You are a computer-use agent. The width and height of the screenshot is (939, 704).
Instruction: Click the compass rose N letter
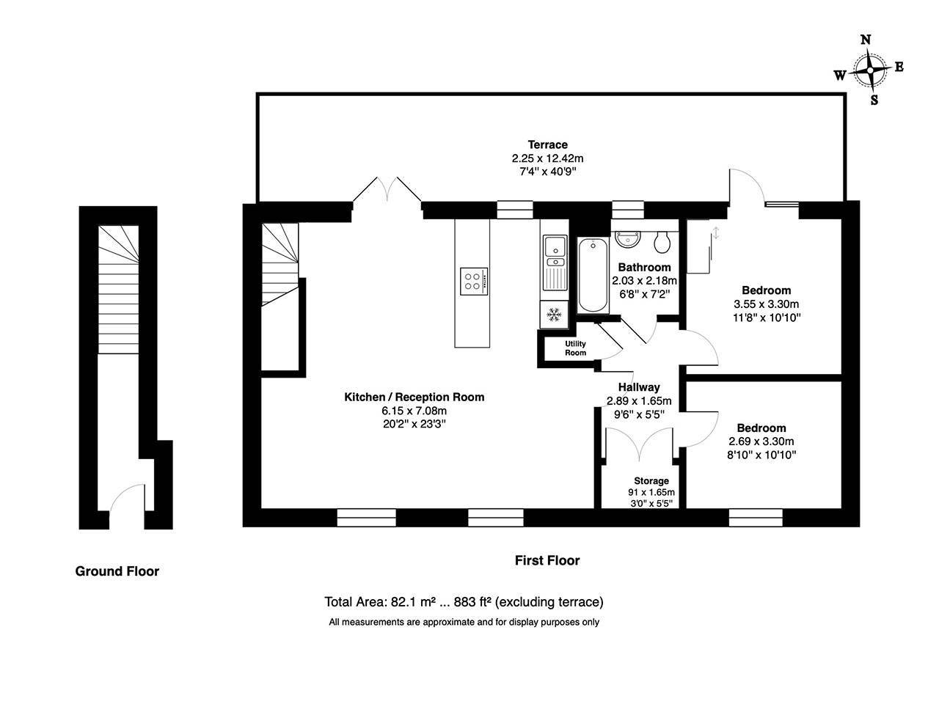[866, 40]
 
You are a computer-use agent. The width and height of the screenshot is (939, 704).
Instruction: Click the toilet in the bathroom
[662, 241]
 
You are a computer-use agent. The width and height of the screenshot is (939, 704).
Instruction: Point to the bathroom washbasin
[628, 239]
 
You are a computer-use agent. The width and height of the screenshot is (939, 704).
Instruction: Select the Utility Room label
[576, 348]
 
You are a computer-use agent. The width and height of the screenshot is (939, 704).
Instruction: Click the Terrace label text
[548, 144]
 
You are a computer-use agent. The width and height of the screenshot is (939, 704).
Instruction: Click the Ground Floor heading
[117, 571]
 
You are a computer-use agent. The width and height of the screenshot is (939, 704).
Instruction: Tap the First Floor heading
[547, 561]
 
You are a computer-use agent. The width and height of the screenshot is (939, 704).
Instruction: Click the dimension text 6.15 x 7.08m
[414, 411]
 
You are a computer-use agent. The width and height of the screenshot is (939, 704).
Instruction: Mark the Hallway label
[638, 387]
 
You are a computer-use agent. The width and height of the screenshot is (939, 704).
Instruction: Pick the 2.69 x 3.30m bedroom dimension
[761, 441]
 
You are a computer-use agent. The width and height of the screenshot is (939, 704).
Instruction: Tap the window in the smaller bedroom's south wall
[756, 519]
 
